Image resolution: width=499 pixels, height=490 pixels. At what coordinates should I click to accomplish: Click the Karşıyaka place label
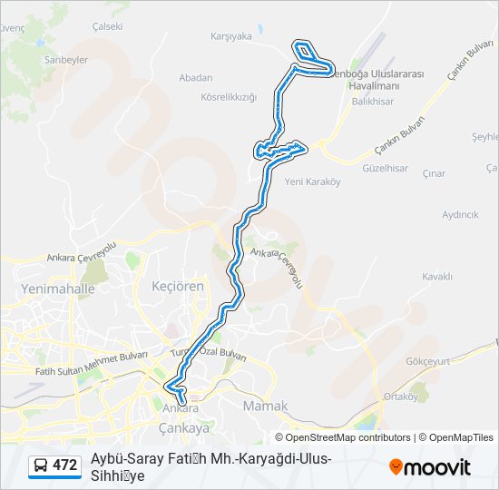click(230, 37)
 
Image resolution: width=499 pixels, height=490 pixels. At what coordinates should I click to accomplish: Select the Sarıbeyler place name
click(65, 59)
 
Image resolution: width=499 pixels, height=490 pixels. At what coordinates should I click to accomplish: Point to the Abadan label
click(196, 78)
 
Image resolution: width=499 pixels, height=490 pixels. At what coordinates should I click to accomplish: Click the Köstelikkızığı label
click(229, 96)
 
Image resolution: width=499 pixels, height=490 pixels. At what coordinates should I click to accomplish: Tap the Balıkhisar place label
click(372, 103)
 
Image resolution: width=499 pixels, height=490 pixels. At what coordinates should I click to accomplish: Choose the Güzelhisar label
click(385, 169)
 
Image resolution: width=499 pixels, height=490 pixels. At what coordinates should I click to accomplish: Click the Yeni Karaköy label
click(312, 181)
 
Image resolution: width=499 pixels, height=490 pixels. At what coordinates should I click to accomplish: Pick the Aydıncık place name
click(460, 215)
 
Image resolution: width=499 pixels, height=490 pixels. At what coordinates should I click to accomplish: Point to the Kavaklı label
click(437, 276)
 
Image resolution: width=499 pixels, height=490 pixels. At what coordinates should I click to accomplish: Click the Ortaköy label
click(400, 397)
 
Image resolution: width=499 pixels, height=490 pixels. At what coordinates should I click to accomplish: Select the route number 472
click(65, 465)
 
